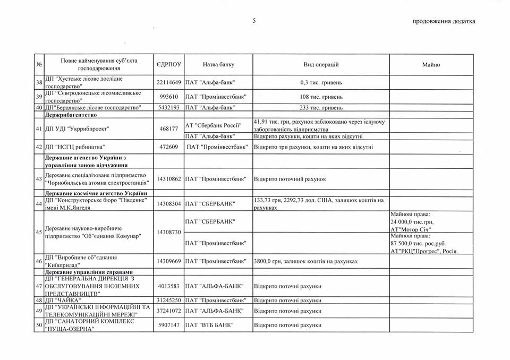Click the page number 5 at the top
coord(254,21)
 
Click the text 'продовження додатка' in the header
coord(444,21)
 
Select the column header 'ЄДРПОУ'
coord(169,64)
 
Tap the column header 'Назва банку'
coord(218,64)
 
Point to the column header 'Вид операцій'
coord(321,64)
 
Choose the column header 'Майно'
coord(431,64)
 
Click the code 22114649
coord(169,83)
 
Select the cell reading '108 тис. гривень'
coord(321,98)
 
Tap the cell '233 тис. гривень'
coord(321,108)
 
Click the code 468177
coord(169,129)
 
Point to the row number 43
coord(39,179)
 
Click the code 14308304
coord(169,203)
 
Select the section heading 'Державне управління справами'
coord(86,272)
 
